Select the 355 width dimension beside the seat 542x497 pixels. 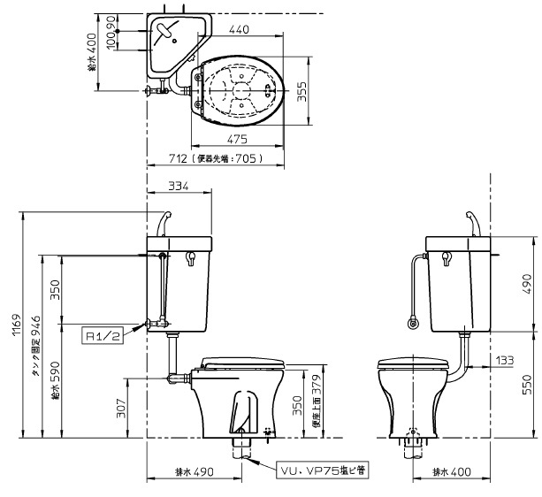click(x=301, y=92)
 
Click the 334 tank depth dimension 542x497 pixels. click(x=179, y=186)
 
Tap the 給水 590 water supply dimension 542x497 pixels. click(x=55, y=379)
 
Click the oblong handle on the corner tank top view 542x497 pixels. click(x=164, y=33)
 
